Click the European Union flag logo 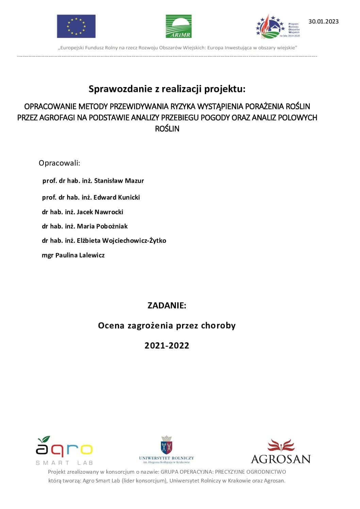76,26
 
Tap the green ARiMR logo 178,26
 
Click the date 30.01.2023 323,21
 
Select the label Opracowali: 59,163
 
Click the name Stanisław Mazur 119,181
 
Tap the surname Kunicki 129,198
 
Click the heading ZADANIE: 167,305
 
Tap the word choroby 218,326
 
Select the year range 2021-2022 167,346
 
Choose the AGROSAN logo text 280,459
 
